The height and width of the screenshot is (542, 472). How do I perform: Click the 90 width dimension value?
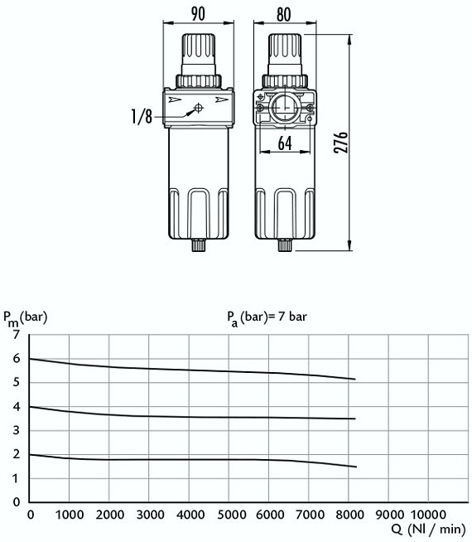[x=198, y=14]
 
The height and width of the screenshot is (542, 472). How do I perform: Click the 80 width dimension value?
[x=284, y=14]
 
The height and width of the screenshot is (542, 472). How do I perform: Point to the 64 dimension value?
[x=284, y=143]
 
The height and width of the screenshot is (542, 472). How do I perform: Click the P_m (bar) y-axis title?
[x=25, y=316]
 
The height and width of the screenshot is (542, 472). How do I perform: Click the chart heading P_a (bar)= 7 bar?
[x=267, y=316]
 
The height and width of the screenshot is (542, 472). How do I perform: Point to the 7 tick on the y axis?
[x=15, y=334]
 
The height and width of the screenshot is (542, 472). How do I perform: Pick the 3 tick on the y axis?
[x=15, y=429]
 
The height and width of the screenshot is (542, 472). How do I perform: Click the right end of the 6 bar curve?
[x=355, y=380]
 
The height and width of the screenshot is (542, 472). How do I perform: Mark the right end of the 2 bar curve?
[x=355, y=467]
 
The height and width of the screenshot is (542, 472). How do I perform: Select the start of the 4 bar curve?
[x=30, y=406]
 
